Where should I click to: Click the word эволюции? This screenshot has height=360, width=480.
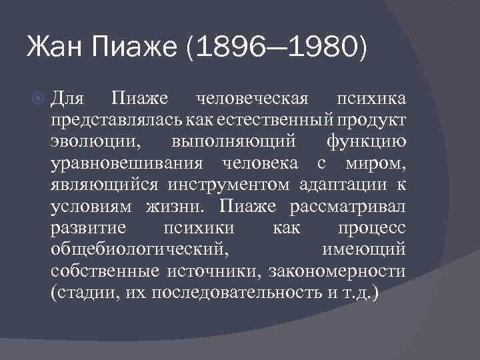tap(85, 143)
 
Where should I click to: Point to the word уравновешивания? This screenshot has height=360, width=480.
tap(125, 164)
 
